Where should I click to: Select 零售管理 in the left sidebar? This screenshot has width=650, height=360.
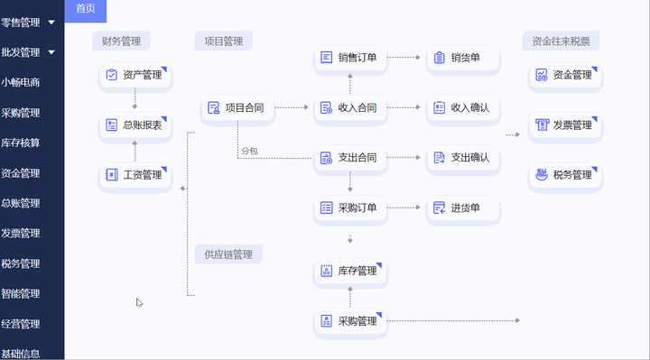click(21, 22)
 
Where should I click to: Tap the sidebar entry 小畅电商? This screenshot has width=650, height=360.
click(21, 82)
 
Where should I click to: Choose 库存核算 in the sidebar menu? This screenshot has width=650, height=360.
click(21, 143)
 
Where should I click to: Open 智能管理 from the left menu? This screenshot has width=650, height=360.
click(21, 293)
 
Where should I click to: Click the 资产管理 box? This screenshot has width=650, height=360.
click(135, 75)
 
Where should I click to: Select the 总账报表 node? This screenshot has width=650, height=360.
click(135, 125)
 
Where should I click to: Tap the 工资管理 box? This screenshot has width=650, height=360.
click(135, 175)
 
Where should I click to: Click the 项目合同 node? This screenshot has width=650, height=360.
click(237, 108)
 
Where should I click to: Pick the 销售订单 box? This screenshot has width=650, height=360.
click(349, 58)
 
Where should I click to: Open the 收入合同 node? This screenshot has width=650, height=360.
click(349, 108)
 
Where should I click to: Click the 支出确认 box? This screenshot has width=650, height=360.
click(462, 158)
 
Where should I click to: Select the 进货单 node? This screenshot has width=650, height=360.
click(462, 208)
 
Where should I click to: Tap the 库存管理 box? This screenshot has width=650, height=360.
click(349, 271)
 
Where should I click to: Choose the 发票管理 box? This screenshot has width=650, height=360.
click(564, 125)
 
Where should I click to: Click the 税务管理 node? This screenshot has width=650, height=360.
click(564, 174)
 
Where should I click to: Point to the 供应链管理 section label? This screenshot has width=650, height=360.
click(228, 254)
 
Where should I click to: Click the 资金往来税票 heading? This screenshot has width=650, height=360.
click(561, 41)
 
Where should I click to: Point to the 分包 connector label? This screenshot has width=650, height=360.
click(249, 151)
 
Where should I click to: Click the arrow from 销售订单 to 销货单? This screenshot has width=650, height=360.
click(405, 58)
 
